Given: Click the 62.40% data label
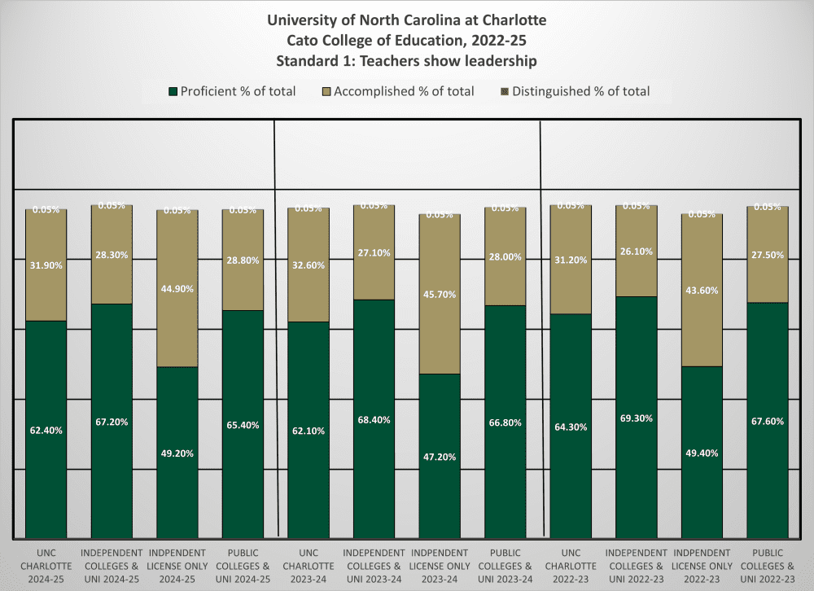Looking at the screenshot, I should [46, 430].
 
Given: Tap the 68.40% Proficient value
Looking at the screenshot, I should [374, 420].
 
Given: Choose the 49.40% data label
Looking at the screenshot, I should [702, 453].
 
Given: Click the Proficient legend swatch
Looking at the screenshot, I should [172, 91].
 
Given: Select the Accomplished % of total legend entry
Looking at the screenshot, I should [398, 91].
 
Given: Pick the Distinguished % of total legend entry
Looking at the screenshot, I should [574, 91].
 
